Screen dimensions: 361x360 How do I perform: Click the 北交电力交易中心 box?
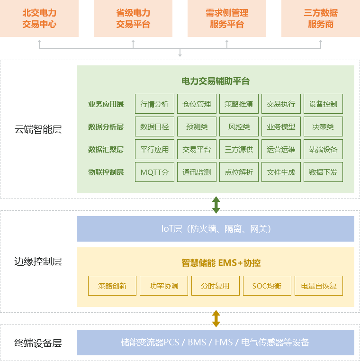click(x=39, y=18)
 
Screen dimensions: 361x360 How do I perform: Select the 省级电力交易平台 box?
click(x=133, y=18)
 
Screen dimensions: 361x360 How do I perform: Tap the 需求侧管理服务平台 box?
click(x=227, y=18)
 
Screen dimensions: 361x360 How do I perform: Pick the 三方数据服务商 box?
click(x=321, y=18)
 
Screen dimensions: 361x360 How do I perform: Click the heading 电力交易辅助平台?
click(x=216, y=81)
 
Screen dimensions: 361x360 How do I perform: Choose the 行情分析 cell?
click(x=154, y=104)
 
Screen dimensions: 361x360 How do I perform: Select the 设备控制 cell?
click(x=323, y=104)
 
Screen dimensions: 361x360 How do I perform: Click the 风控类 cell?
click(x=239, y=126)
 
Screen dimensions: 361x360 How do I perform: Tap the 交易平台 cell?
click(x=197, y=149)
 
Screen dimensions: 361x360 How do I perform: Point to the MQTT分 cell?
click(x=154, y=172)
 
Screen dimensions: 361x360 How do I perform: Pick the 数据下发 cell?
click(x=323, y=172)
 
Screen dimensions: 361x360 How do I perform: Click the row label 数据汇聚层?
click(x=106, y=149)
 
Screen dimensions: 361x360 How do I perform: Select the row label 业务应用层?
click(x=106, y=104)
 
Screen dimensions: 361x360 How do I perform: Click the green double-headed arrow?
click(x=216, y=205)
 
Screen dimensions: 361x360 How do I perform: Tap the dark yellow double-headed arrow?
click(x=216, y=318)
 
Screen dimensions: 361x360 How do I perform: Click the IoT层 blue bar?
click(x=216, y=229)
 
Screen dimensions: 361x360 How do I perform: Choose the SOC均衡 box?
click(x=267, y=286)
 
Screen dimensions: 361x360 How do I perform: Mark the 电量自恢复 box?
click(x=319, y=286)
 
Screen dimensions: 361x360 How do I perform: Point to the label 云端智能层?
click(x=38, y=129)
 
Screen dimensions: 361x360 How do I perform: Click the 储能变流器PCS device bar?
click(x=216, y=342)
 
